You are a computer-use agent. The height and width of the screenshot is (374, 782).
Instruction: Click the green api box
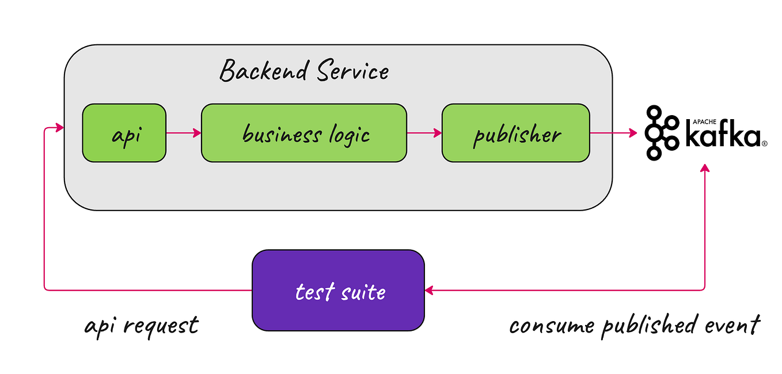point(124,133)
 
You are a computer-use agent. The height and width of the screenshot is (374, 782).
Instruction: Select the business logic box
point(303,133)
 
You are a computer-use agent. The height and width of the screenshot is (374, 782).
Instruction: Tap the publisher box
point(515,133)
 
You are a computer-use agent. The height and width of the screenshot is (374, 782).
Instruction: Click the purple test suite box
point(338,290)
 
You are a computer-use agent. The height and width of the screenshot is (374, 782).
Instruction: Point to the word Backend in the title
point(257,72)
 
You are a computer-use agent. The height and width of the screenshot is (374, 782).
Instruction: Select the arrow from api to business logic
point(183,133)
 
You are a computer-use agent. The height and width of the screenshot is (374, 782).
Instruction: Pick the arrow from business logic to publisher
point(424,133)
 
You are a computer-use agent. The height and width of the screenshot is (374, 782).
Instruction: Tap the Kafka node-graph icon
point(661,133)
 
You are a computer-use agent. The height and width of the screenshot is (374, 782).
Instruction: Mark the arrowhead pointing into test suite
point(430,290)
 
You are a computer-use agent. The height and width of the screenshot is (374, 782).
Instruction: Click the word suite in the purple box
point(363,292)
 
